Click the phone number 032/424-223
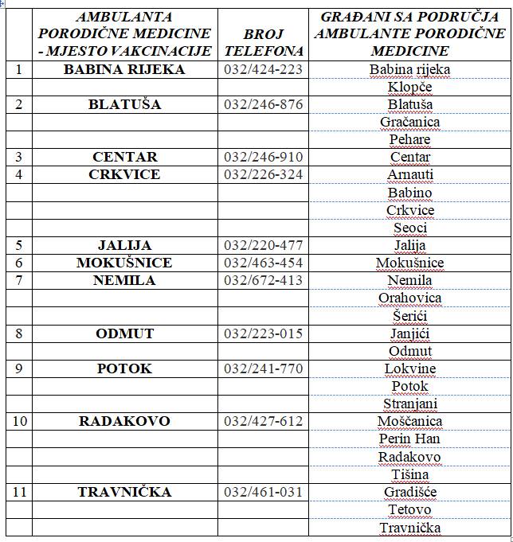tap(264, 69)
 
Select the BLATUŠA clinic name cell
tap(124, 104)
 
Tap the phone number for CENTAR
tap(264, 157)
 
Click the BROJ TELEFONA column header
tap(264, 41)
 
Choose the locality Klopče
tap(409, 87)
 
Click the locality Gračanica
tap(409, 122)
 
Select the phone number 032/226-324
tap(264, 174)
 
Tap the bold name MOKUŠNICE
tap(124, 263)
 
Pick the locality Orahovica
tap(409, 298)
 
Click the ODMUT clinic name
tap(124, 333)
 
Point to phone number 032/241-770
tap(264, 368)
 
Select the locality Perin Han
tap(409, 439)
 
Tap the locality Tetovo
tap(409, 509)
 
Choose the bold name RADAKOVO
tap(124, 421)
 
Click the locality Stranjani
tap(409, 404)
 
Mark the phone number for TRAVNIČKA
tap(264, 492)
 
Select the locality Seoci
tap(409, 228)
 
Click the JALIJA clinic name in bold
tap(124, 245)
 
